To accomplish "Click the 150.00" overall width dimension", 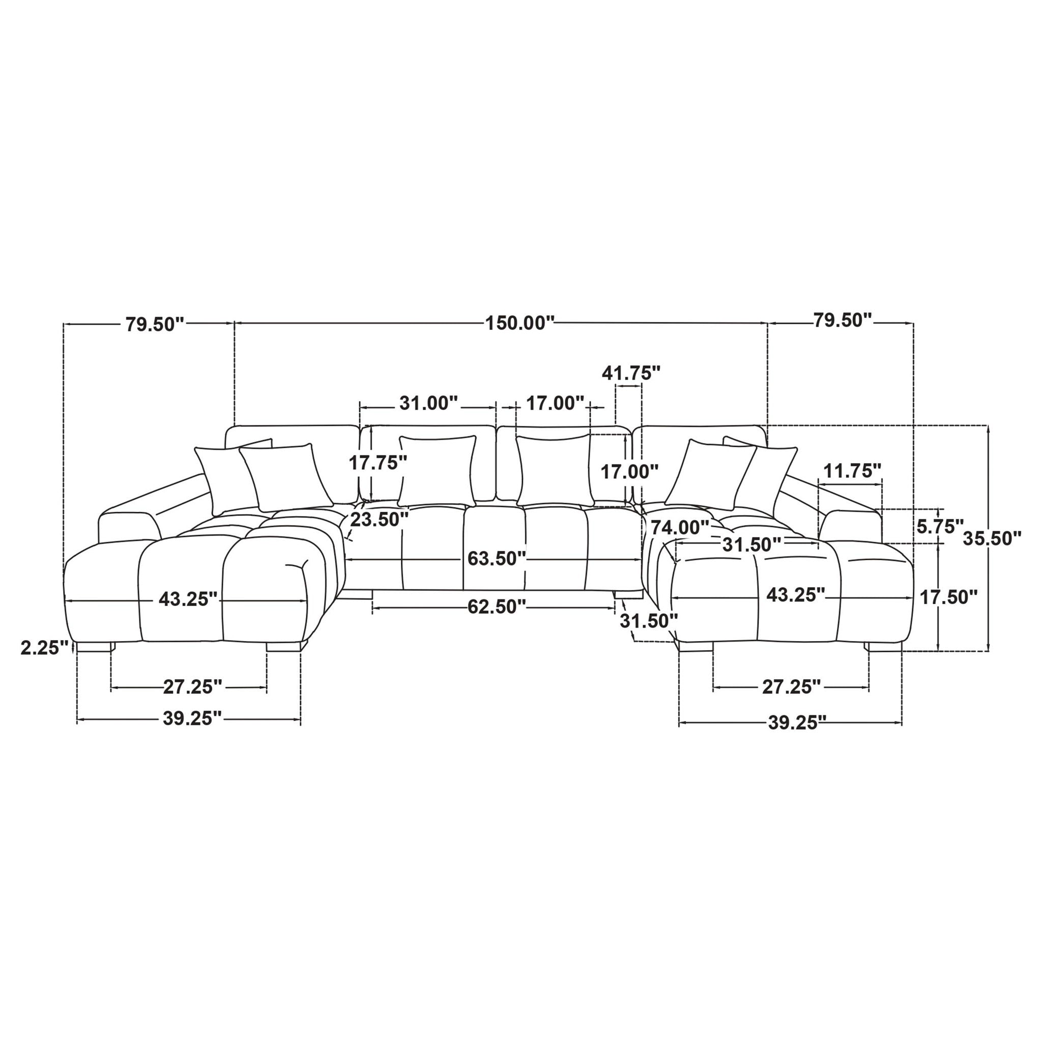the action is (x=520, y=324).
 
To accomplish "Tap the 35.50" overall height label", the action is (x=992, y=538).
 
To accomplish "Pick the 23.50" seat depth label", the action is (x=379, y=519).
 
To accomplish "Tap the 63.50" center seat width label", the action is (x=496, y=558).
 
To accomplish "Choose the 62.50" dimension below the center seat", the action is (x=496, y=607).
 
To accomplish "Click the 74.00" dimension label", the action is (x=680, y=527).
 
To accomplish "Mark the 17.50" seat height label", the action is (x=948, y=596).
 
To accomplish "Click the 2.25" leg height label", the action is (x=45, y=647).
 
